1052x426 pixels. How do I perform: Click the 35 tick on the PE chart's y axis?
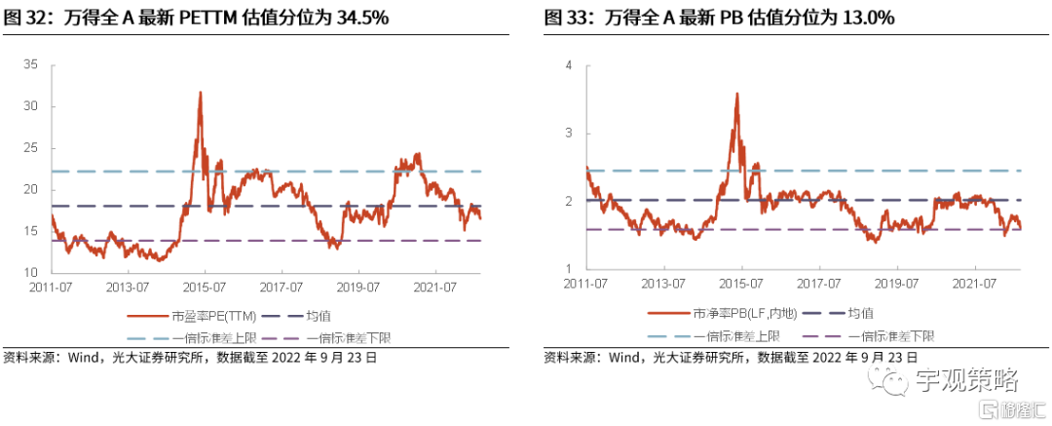(x=30, y=64)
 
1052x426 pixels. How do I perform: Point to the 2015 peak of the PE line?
(x=200, y=93)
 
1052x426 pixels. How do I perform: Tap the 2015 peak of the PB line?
(x=736, y=95)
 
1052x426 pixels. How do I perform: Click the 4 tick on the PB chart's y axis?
(x=571, y=65)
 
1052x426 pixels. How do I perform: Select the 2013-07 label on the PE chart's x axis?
(x=128, y=288)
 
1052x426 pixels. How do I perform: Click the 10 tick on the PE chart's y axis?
(x=30, y=272)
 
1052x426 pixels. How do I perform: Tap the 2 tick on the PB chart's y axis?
(x=571, y=202)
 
